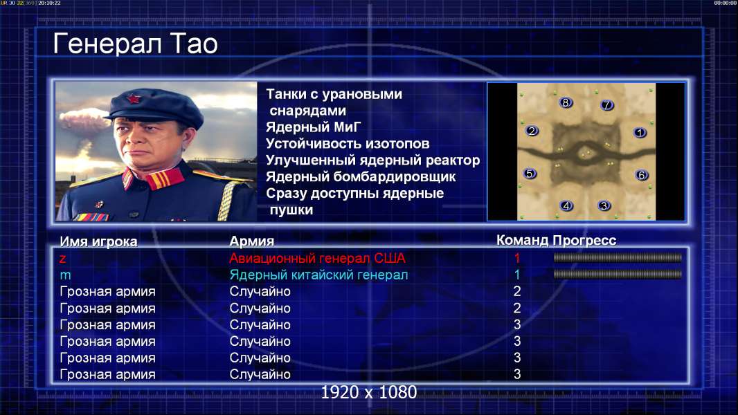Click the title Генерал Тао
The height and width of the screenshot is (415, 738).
[135, 44]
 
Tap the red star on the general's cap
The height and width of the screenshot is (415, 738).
[134, 99]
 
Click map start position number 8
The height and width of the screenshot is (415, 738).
[566, 102]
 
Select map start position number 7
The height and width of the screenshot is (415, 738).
[606, 105]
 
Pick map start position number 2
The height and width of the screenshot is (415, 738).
[532, 131]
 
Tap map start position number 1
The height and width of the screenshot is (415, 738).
[640, 133]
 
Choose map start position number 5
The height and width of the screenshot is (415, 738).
[530, 174]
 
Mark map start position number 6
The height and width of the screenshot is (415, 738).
[642, 175]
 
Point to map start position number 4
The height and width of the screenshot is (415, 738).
[566, 205]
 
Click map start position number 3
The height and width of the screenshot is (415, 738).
[604, 205]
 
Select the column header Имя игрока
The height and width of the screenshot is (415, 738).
[98, 241]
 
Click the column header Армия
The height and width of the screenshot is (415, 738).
[252, 241]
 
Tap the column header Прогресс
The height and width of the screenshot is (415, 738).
[584, 241]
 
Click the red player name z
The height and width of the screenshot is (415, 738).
[62, 259]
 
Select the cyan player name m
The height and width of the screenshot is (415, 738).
[65, 275]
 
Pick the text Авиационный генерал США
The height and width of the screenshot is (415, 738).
[317, 258]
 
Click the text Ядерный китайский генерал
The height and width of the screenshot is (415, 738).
[318, 275]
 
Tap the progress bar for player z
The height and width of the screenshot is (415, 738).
[618, 257]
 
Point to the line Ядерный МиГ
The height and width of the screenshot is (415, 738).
[313, 127]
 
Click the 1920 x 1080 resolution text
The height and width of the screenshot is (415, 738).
[368, 392]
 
